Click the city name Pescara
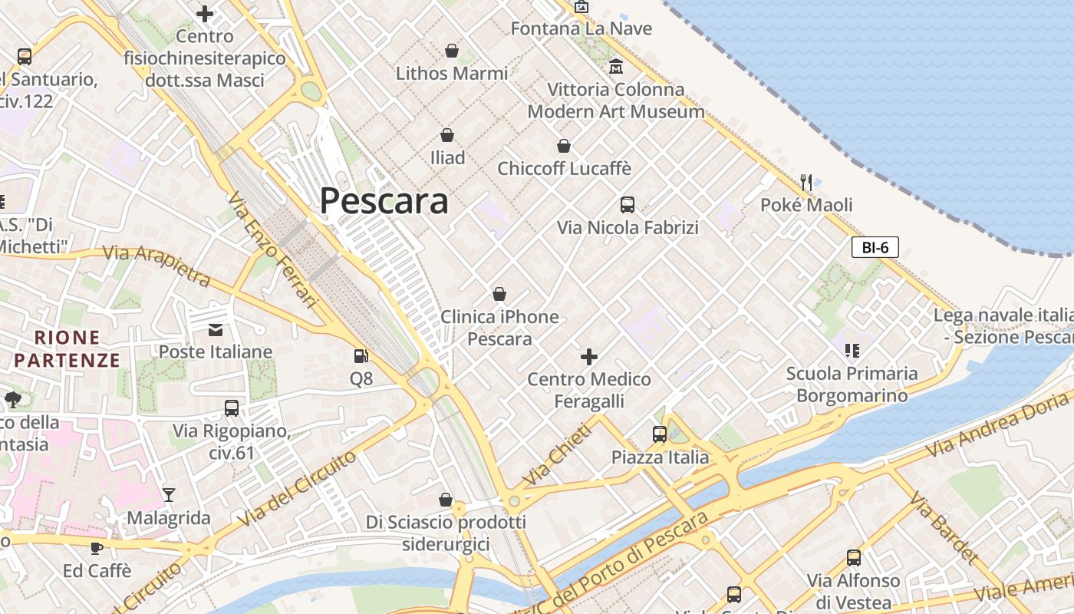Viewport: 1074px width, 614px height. click(384, 201)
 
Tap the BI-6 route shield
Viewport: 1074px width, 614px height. click(875, 247)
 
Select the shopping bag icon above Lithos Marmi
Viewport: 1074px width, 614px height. click(452, 51)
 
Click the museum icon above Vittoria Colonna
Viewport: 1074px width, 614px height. click(615, 67)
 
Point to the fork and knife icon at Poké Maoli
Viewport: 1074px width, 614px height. click(805, 182)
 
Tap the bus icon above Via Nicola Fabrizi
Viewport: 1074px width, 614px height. click(628, 204)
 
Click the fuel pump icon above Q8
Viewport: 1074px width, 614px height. click(361, 355)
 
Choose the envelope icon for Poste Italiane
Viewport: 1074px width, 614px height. click(216, 329)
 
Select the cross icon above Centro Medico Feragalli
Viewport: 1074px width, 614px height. click(589, 356)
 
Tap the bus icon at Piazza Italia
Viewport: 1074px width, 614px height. click(660, 434)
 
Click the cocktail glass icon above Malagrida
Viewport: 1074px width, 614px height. click(169, 495)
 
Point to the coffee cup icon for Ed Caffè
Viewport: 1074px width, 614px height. click(97, 548)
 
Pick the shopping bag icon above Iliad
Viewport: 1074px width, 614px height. click(447, 135)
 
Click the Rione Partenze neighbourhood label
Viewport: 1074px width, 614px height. click(68, 348)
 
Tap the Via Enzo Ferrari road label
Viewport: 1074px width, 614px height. click(272, 250)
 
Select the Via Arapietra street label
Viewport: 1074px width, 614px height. click(156, 264)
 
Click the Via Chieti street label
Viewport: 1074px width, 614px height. click(558, 454)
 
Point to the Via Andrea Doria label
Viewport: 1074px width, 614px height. click(997, 424)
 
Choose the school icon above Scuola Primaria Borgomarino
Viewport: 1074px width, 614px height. click(852, 350)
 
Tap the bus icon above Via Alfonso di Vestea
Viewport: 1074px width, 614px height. click(853, 557)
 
